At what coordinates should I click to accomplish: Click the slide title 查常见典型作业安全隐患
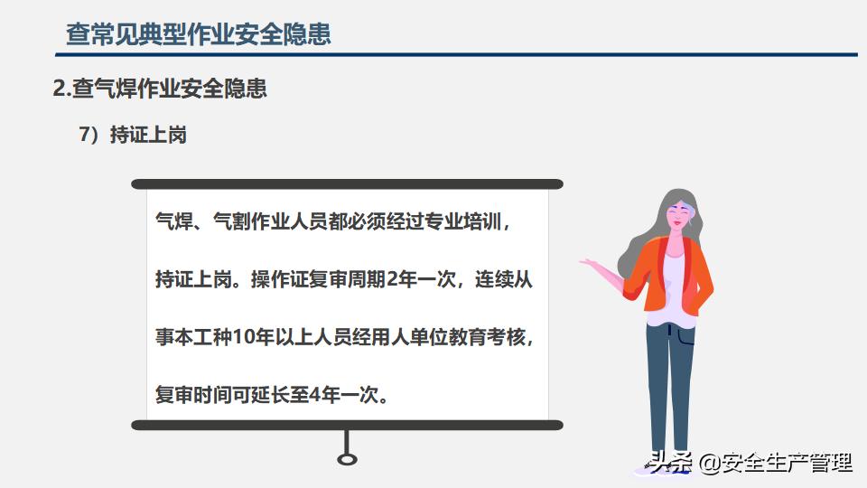[x=199, y=33]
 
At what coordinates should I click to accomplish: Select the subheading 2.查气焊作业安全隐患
[x=160, y=89]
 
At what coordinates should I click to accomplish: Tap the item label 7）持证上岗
[x=133, y=135]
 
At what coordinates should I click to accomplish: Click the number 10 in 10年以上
[x=242, y=336]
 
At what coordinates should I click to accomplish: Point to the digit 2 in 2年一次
[x=392, y=279]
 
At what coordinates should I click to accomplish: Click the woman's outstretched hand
[x=590, y=262]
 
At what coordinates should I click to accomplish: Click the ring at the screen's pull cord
[x=347, y=459]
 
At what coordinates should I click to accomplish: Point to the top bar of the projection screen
[x=347, y=184]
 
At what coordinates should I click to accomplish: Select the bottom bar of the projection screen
[x=347, y=425]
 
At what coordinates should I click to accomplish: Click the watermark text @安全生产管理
[x=775, y=463]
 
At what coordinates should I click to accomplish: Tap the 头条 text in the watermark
[x=671, y=463]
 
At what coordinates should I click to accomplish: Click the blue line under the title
[x=456, y=55]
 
